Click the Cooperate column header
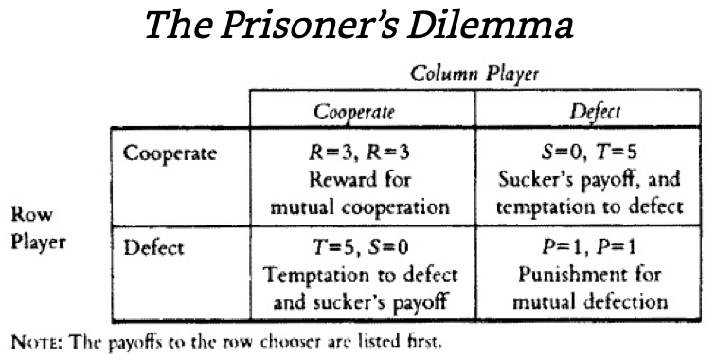354,112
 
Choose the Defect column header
595,112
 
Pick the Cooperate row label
170,154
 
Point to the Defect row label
153,247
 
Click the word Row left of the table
31,214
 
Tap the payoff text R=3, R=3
359,153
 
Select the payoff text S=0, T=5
588,153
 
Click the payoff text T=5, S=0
360,247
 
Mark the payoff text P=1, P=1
588,247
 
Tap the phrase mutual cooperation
360,207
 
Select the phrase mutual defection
590,302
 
